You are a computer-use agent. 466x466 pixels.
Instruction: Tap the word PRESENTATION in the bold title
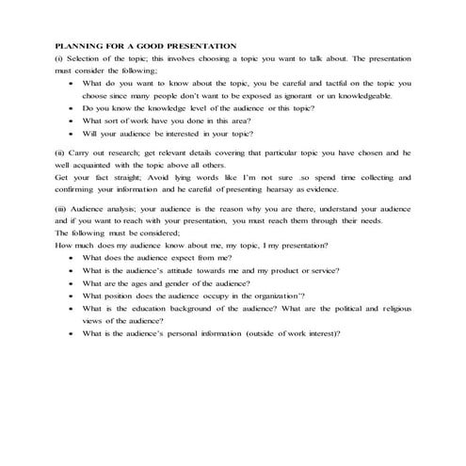(x=196, y=45)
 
